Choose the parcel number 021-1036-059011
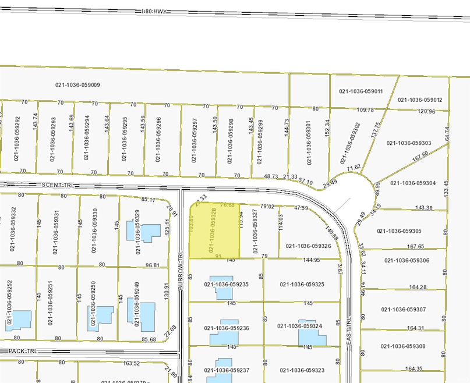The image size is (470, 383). tap(361, 91)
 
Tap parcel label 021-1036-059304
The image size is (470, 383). tap(413, 183)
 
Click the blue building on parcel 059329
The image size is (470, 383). tap(150, 232)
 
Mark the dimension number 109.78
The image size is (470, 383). tap(365, 110)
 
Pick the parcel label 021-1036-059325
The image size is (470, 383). tap(301, 285)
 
